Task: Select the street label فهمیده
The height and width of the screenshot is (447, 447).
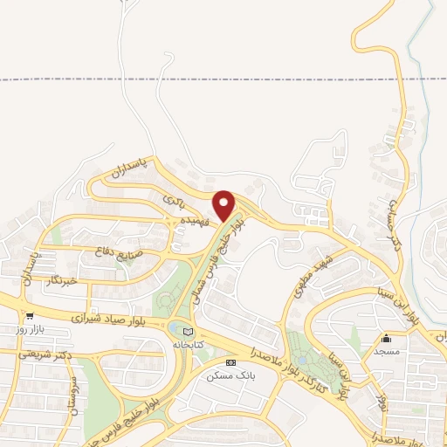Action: point(193,223)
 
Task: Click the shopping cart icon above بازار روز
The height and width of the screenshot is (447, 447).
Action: point(31,317)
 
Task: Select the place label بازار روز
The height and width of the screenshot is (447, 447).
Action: point(30,332)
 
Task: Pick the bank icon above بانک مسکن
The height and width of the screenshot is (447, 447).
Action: point(230,361)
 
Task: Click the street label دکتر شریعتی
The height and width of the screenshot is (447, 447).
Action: point(50,355)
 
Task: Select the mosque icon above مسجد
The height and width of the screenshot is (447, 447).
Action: point(387,337)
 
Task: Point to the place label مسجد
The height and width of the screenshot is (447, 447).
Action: point(387,350)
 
